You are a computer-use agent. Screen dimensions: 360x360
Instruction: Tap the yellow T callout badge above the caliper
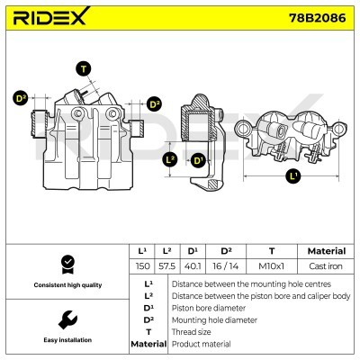84,69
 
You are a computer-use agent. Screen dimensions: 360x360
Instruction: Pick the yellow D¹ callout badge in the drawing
198,160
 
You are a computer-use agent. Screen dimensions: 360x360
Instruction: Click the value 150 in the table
141,267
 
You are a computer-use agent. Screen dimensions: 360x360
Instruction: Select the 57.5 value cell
166,267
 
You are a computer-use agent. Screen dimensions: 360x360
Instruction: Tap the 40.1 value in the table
193,267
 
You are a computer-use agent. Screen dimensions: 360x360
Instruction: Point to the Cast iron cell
320,267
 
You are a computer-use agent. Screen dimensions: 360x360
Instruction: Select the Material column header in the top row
320,251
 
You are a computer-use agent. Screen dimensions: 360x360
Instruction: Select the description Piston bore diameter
210,307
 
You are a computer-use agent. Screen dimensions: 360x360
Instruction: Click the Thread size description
192,331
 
